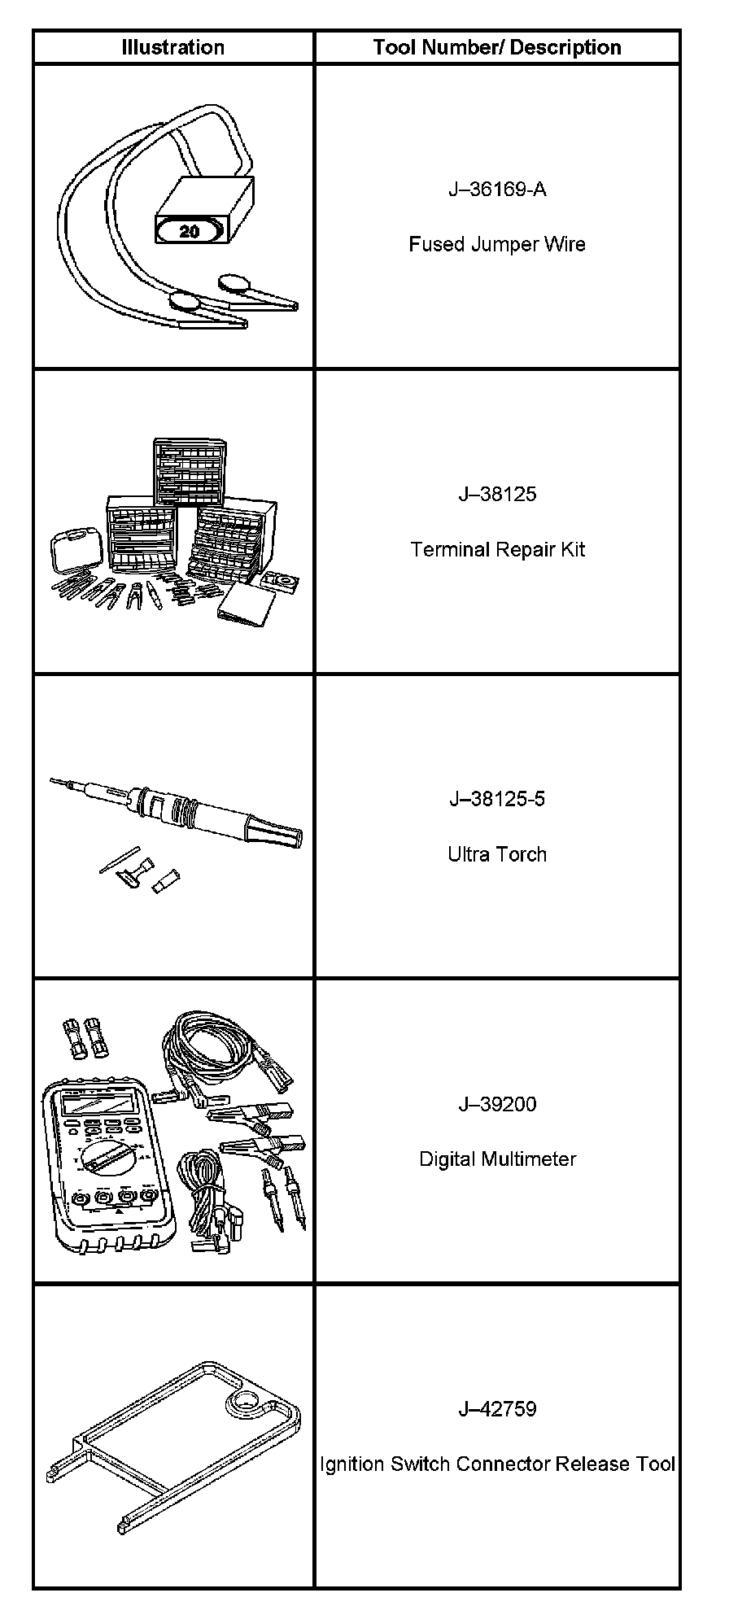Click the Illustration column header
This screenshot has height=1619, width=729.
(x=172, y=47)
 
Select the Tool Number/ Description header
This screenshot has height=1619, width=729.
(x=496, y=47)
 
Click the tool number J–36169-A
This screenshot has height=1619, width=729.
(x=497, y=190)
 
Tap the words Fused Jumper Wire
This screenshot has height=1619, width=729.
(x=497, y=244)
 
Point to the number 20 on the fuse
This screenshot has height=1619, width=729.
(x=189, y=231)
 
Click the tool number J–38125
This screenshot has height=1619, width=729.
(x=497, y=494)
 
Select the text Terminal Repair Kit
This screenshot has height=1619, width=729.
(x=497, y=549)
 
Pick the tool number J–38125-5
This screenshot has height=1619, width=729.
(x=497, y=798)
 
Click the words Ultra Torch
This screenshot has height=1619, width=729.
(x=497, y=853)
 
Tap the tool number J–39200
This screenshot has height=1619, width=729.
(x=497, y=1104)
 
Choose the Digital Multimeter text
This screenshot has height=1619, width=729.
(x=497, y=1159)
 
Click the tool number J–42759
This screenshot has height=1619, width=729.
(x=497, y=1408)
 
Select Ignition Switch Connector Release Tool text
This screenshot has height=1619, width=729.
(x=497, y=1464)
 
